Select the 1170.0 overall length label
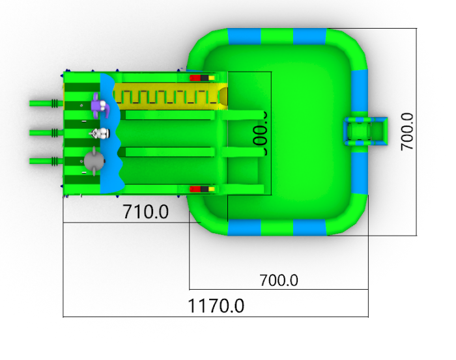[216, 305]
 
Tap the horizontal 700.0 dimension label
[279, 281]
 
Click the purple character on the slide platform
[99, 105]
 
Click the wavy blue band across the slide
[111, 133]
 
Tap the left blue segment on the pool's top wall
[244, 36]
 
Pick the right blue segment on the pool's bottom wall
[309, 227]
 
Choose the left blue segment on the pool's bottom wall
[244, 227]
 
